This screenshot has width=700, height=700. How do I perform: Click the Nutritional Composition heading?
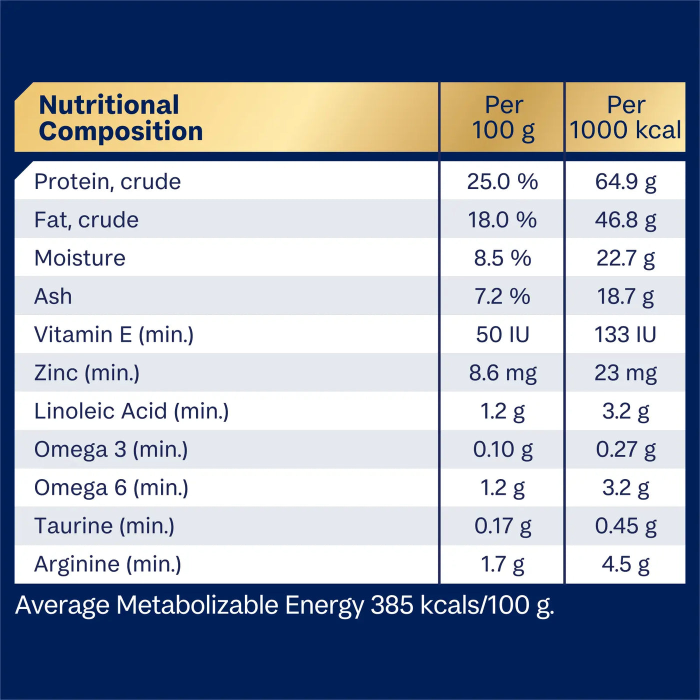121,118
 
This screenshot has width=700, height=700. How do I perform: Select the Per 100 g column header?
503,118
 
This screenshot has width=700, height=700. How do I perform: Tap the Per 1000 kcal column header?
625,118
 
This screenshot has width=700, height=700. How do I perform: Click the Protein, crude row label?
107,181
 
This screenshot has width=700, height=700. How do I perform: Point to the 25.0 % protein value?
502,181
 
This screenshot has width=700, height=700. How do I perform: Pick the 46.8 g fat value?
625,220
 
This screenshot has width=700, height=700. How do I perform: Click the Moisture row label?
80,258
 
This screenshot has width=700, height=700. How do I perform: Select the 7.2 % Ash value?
502,296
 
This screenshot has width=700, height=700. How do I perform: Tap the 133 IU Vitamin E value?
625,334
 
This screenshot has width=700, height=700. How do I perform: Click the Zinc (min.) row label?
87,373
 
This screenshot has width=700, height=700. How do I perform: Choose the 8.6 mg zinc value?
502,373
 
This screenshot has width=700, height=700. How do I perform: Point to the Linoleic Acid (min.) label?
131,411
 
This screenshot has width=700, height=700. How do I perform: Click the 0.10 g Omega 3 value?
502,449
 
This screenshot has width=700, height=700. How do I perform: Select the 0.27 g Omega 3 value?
625,449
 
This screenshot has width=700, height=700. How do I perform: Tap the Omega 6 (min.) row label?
111,487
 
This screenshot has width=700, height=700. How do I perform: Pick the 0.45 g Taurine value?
625,526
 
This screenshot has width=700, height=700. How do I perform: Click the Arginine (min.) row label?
108,564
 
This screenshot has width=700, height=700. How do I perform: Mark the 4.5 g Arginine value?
625,564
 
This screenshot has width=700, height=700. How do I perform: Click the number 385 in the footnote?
392,605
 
